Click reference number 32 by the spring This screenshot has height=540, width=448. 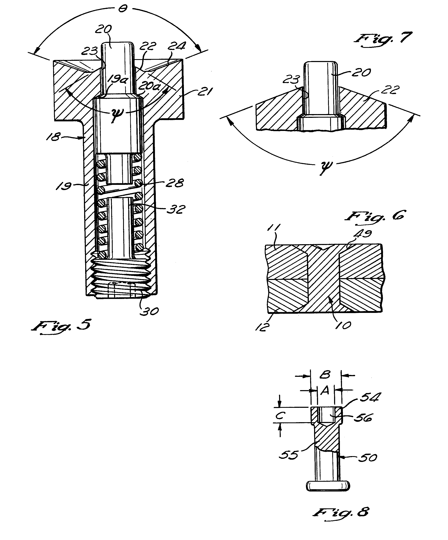pyautogui.click(x=176, y=209)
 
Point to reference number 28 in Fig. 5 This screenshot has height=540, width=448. pyautogui.click(x=175, y=183)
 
